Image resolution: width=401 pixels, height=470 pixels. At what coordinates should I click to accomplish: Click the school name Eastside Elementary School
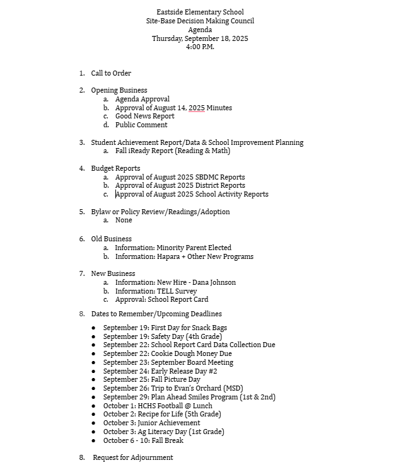[x=200, y=12]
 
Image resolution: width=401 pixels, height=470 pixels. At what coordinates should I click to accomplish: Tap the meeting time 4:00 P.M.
[x=200, y=47]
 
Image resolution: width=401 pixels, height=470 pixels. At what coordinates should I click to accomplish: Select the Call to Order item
[x=111, y=73]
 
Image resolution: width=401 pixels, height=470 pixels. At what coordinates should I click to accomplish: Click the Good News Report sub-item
[x=144, y=116]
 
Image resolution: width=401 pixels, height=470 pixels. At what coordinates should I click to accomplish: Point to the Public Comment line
[x=141, y=125]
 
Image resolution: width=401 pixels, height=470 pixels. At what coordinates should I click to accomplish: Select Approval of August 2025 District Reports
[x=180, y=185]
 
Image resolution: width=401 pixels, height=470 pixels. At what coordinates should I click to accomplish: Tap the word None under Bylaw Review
[x=124, y=220]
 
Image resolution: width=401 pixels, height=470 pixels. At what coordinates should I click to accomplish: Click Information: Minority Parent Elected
[x=173, y=248]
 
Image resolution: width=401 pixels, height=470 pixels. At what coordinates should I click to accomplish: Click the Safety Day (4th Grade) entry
[x=163, y=336]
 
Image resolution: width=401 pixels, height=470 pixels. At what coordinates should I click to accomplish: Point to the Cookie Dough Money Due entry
[x=167, y=353]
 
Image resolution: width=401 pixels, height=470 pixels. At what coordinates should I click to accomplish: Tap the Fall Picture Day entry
[x=151, y=379]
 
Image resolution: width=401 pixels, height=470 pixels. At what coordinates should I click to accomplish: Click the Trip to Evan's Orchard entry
[x=173, y=388]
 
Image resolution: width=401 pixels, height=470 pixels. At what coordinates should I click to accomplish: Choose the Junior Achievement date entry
[x=151, y=423]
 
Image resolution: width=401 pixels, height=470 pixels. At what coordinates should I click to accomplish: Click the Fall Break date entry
[x=143, y=440]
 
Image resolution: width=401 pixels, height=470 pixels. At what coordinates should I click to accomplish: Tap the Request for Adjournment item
[x=132, y=457]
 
